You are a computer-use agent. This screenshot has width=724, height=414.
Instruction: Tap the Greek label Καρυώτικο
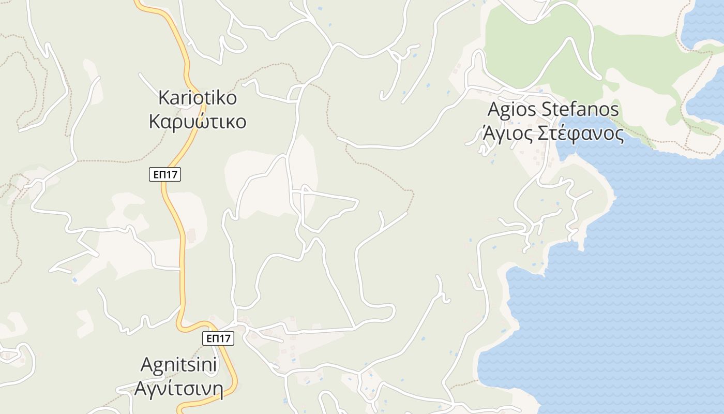198,122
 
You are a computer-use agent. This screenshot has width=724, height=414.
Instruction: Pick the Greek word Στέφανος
581,134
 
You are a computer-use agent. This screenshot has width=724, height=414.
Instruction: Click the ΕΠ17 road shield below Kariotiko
165,174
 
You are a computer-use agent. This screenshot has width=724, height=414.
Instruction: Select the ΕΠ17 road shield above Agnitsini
218,338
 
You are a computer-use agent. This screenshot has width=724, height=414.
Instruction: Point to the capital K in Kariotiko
164,97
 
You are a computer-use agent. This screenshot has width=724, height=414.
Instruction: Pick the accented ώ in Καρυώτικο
201,122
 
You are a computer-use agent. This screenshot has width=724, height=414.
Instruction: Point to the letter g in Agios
505,112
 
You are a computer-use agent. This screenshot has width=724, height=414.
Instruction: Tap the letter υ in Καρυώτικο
187,123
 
